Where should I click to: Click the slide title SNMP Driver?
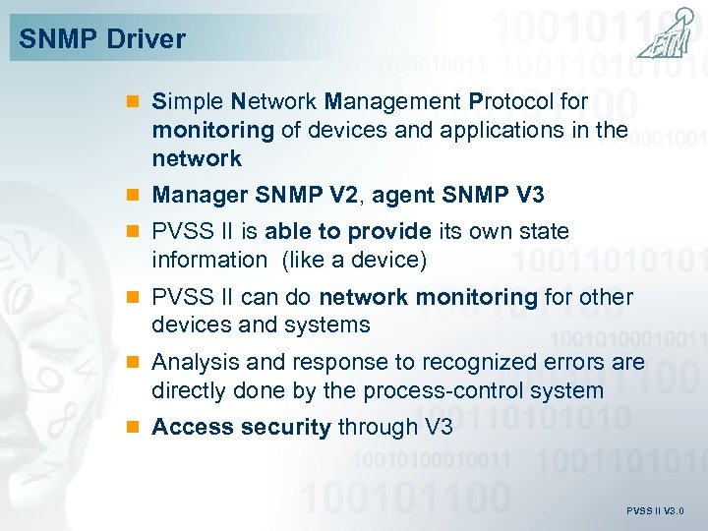pyautogui.click(x=102, y=39)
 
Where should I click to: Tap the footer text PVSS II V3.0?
pyautogui.click(x=654, y=511)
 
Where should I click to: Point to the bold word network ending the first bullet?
pyautogui.click(x=197, y=158)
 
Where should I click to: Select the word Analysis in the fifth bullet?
pyautogui.click(x=192, y=362)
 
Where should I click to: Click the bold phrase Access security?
pyautogui.click(x=241, y=427)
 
